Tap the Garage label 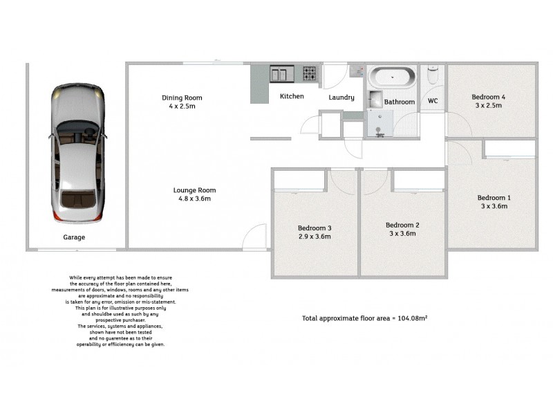point(75,237)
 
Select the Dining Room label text point(182,98)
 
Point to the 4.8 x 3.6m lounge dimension point(194,199)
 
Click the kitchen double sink point(282,73)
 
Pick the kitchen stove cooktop point(309,73)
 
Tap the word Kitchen point(292,96)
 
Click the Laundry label point(341,98)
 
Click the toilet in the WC point(433,74)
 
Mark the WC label point(433,101)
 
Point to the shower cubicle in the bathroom point(379,124)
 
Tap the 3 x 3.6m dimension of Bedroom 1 point(494,206)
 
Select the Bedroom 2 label point(402,225)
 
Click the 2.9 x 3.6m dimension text point(315,237)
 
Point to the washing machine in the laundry point(357,71)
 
